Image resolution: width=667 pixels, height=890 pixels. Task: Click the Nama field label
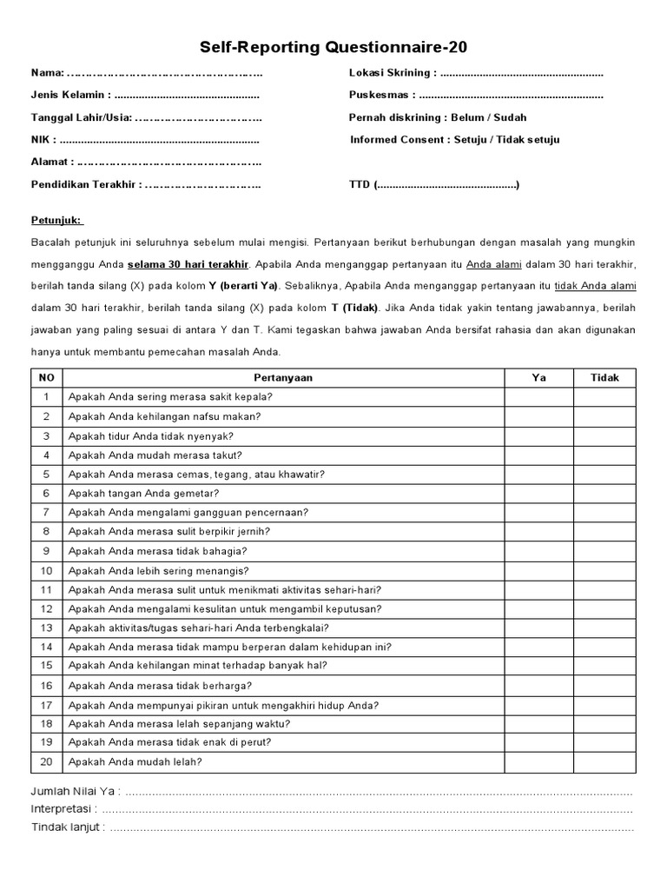(x=48, y=72)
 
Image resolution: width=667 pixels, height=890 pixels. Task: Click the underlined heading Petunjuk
(x=56, y=221)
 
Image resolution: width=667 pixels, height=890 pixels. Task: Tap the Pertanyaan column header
(x=283, y=377)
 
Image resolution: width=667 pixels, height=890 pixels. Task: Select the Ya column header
(x=539, y=377)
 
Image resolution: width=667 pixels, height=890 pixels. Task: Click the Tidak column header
(x=604, y=377)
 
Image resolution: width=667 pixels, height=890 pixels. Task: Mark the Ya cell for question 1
(x=539, y=397)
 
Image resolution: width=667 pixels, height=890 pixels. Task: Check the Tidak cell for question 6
(x=604, y=493)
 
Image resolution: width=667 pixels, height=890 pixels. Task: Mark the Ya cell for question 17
(x=539, y=705)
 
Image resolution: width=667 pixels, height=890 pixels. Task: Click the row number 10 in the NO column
(x=47, y=570)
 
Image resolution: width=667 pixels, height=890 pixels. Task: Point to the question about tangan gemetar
(x=144, y=493)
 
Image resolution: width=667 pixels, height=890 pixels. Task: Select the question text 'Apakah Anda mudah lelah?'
(x=135, y=762)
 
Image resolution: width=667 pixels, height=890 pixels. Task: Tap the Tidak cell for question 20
(x=604, y=762)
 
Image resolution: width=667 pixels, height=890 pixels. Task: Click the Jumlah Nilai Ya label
(x=74, y=792)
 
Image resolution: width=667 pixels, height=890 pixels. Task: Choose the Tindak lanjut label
(x=68, y=827)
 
